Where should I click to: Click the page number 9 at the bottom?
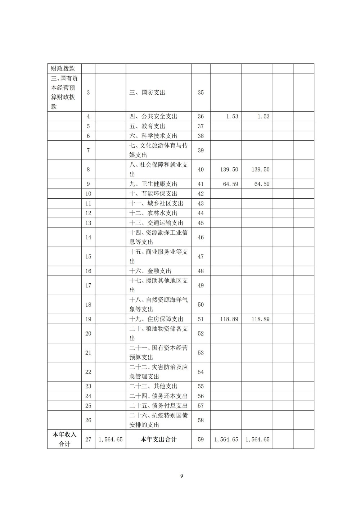click(x=181, y=476)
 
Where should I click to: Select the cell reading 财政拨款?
click(x=63, y=68)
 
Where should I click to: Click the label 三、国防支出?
click(x=147, y=93)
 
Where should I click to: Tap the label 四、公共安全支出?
click(x=153, y=116)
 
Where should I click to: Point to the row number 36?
click(x=201, y=116)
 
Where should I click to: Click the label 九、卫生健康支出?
click(x=153, y=184)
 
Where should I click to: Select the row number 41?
click(x=201, y=184)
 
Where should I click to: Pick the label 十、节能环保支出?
click(x=153, y=194)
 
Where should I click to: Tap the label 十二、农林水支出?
click(x=153, y=213)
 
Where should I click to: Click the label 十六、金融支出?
click(x=150, y=271)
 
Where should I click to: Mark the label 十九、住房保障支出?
click(x=156, y=319)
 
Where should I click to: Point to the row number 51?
click(x=201, y=319)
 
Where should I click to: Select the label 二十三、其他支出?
click(x=153, y=386)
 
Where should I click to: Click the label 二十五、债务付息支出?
click(x=158, y=406)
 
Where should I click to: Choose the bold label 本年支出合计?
click(x=158, y=439)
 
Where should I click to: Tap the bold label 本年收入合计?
click(x=64, y=439)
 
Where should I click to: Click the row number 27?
click(x=88, y=439)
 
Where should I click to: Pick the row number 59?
click(x=201, y=439)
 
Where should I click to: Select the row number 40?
click(x=201, y=170)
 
